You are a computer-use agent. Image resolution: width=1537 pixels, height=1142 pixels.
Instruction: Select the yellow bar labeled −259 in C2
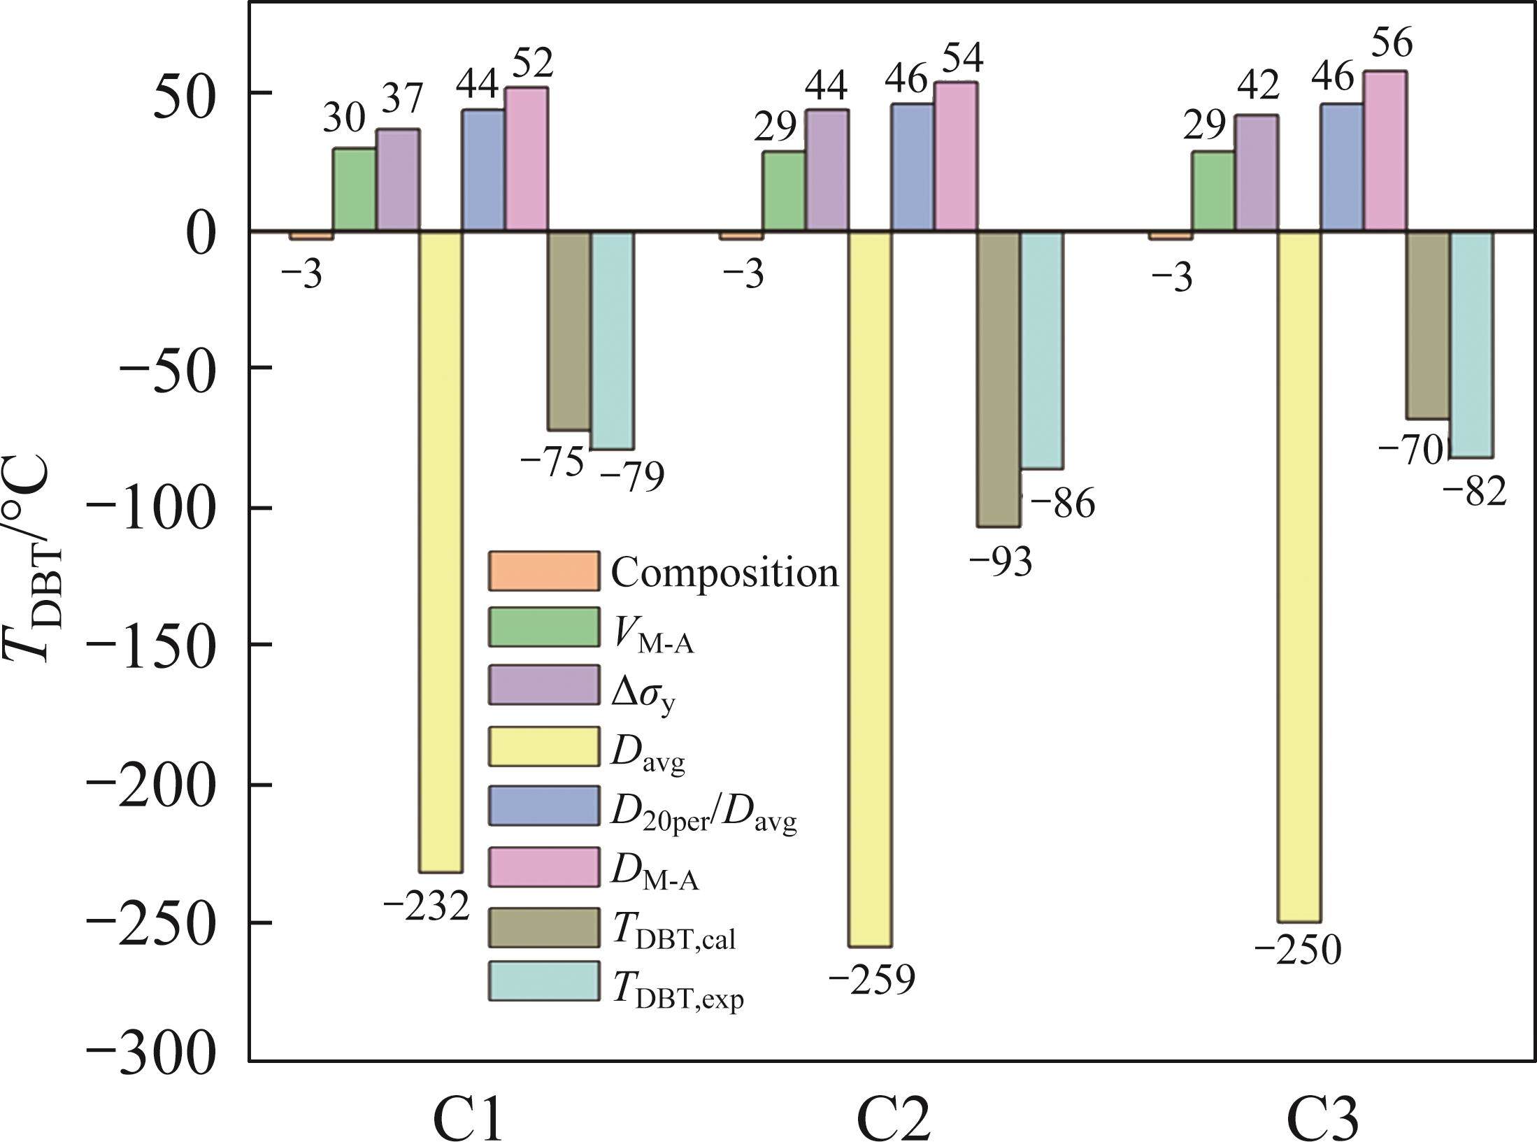tap(870, 587)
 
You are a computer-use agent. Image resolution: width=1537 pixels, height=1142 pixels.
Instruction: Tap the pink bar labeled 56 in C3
tap(1385, 150)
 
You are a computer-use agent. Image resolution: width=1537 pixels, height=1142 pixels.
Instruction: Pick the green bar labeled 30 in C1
tap(354, 189)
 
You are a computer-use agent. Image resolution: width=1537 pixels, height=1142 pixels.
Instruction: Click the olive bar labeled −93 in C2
tap(999, 378)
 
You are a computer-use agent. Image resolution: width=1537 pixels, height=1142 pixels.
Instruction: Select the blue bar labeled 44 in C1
tap(482, 169)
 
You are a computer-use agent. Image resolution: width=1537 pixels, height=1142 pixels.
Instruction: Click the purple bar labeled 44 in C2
tap(827, 169)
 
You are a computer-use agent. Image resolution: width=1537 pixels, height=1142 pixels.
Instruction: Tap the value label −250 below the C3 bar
tap(1298, 951)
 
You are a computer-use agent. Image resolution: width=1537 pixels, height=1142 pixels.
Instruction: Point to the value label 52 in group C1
tap(533, 63)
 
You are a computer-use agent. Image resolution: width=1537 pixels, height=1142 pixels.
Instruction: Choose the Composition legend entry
tap(724, 572)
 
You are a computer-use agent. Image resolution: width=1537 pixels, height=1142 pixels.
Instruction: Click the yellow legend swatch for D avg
tap(544, 747)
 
